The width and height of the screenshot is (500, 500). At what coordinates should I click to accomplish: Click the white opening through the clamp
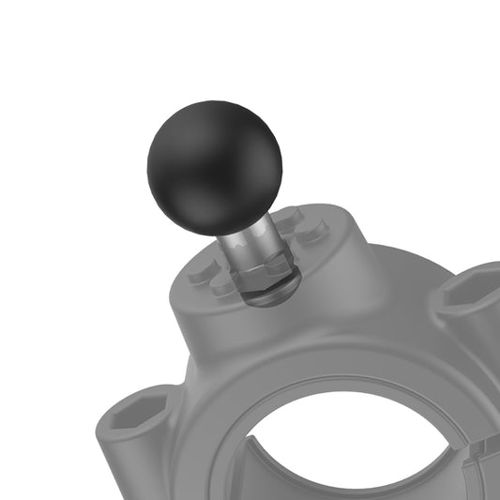347,446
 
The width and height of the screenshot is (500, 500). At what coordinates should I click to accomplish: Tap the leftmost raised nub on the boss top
202,271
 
